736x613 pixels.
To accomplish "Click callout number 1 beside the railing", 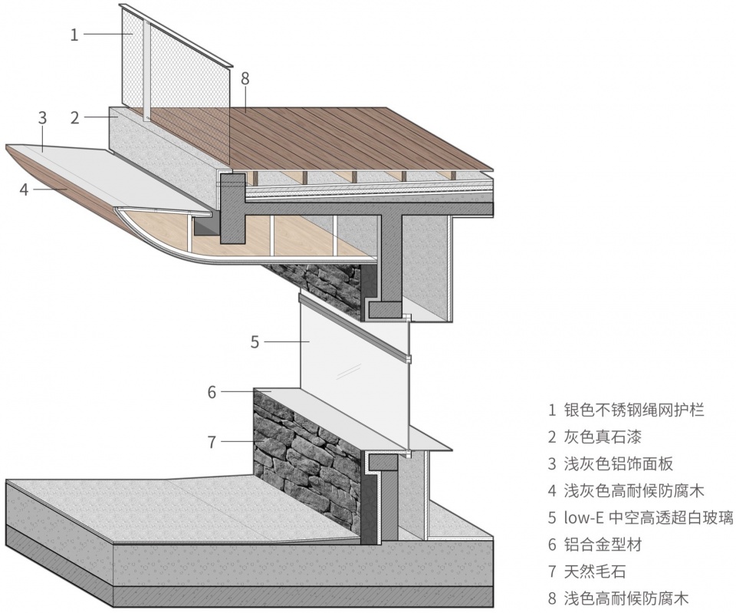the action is (x=74, y=35).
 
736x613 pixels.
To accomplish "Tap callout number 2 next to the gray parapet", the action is (x=75, y=118).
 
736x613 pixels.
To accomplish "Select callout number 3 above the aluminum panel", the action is (x=42, y=118).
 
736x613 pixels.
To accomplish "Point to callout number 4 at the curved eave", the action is (x=25, y=190).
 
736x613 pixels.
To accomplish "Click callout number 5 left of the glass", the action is (x=255, y=342).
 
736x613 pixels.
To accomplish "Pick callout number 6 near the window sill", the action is (x=212, y=392).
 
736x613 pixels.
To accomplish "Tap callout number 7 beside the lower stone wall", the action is (x=212, y=442).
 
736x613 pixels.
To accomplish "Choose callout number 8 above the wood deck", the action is (x=245, y=79).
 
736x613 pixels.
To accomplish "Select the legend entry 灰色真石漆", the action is (x=603, y=437).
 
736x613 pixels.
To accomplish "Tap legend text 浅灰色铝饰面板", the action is (x=619, y=464).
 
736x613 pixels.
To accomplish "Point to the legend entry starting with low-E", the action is (x=649, y=518).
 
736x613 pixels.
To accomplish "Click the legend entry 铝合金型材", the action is (x=603, y=545).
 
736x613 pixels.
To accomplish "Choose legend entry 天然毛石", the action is (x=595, y=572).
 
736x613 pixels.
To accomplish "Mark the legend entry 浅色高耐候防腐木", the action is (x=626, y=598).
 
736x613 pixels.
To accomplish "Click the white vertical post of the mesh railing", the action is (x=147, y=71).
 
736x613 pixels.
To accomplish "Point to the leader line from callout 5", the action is (x=286, y=341).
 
